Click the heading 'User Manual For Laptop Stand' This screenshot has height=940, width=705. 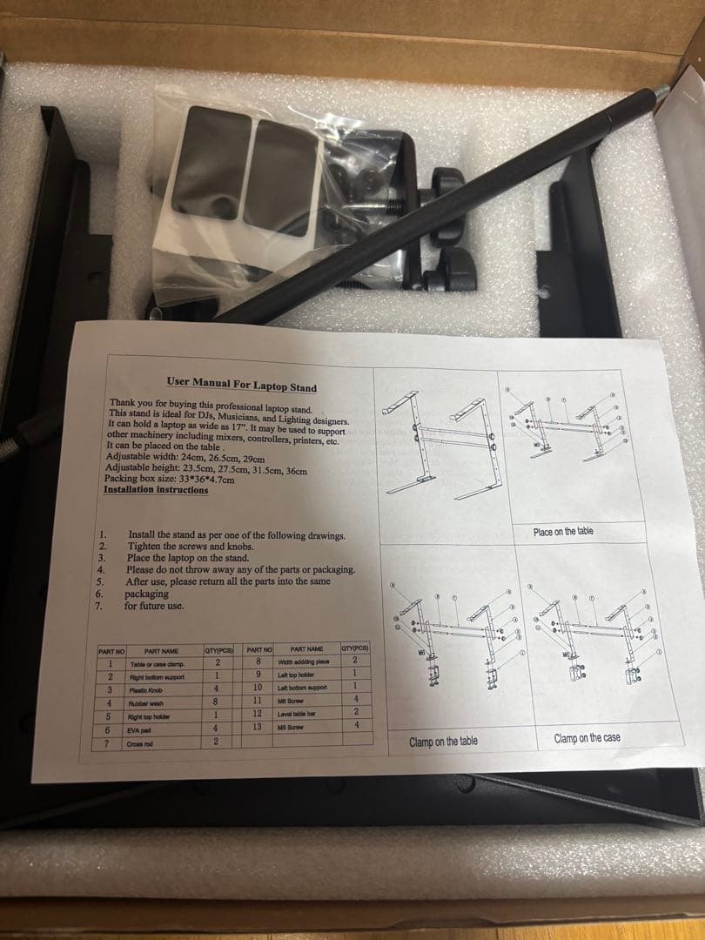(241, 385)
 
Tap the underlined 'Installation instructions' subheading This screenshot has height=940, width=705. (156, 490)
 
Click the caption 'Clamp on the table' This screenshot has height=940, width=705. (443, 742)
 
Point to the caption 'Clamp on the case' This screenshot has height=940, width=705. (587, 738)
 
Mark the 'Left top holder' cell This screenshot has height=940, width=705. (290, 675)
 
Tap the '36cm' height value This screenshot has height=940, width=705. (297, 470)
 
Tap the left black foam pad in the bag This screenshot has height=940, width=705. (205, 161)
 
